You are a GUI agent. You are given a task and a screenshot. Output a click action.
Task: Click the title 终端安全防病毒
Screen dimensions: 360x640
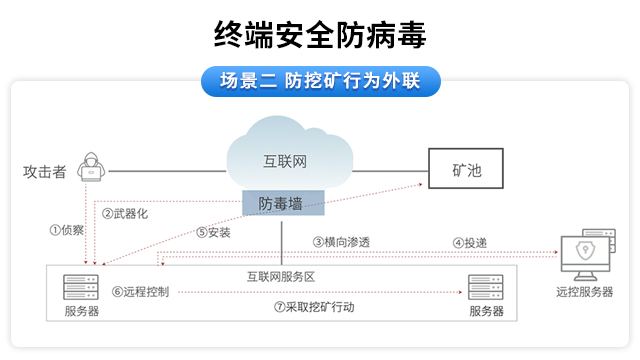(x=320, y=36)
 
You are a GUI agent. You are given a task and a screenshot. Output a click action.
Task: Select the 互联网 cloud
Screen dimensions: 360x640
(x=289, y=156)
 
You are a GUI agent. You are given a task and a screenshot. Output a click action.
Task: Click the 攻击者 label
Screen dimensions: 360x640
(x=45, y=171)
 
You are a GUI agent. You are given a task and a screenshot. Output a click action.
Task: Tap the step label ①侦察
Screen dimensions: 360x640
(x=67, y=230)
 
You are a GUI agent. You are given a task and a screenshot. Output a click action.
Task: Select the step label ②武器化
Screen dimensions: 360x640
(x=125, y=213)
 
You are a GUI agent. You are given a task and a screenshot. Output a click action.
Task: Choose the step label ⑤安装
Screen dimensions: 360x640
(x=213, y=232)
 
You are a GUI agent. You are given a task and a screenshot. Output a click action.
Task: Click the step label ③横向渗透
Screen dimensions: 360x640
(x=341, y=241)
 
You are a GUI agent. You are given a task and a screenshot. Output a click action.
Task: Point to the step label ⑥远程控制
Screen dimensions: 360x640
(x=140, y=292)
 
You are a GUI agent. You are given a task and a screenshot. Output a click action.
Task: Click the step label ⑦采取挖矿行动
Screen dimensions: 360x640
(x=314, y=307)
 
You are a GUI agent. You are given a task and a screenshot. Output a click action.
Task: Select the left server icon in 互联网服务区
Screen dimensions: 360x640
(x=81, y=287)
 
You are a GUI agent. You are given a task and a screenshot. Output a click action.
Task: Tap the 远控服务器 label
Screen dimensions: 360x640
(x=585, y=293)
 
